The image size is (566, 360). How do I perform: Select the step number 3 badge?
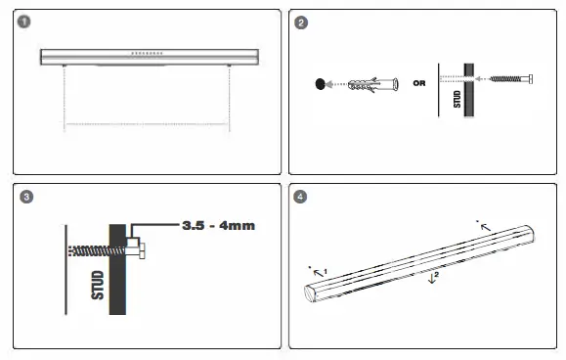(26, 197)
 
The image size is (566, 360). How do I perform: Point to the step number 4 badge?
(302, 197)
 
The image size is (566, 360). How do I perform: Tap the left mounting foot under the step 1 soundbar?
(65, 67)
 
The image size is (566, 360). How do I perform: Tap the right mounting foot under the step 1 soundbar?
(230, 67)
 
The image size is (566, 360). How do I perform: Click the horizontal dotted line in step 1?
(147, 126)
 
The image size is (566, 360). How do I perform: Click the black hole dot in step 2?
(320, 85)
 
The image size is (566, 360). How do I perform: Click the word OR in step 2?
(419, 83)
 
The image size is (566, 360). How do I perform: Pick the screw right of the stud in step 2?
(510, 78)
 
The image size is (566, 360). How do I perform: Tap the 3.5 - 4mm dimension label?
(218, 226)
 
